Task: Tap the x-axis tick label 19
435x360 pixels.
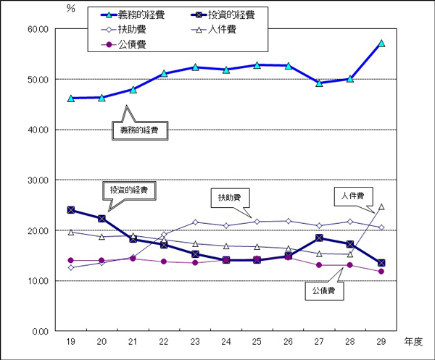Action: coord(70,340)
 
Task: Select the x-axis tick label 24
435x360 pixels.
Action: coord(226,340)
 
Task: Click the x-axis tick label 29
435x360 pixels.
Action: coord(381,340)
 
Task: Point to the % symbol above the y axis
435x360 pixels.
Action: coord(70,8)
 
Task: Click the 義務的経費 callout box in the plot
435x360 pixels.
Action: coord(139,131)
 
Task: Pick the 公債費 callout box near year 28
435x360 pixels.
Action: coord(324,290)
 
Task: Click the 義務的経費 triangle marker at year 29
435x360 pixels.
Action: coord(381,43)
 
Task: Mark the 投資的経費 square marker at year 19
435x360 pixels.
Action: coord(71,210)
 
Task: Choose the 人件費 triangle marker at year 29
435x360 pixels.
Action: coord(381,206)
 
